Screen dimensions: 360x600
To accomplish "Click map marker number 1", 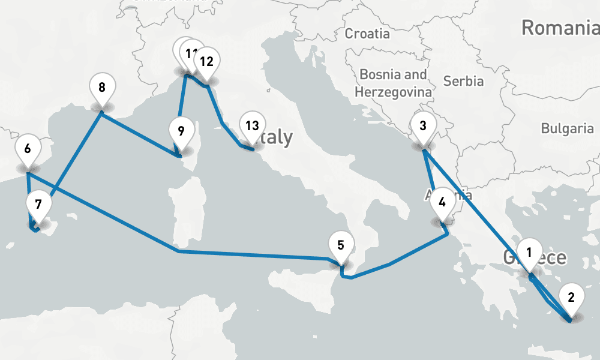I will pos(529,253).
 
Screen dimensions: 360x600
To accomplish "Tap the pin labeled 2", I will pos(571,297).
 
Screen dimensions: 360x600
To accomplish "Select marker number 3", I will pos(423,127).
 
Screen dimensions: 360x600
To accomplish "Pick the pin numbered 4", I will pos(442,202).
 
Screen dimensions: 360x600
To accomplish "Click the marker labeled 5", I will pos(341,245).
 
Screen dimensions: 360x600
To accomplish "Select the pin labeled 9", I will pos(181,130).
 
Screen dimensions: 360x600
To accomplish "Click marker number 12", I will pos(206,62).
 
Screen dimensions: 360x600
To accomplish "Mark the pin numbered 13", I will pos(252,126).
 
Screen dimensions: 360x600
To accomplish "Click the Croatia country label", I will pos(367,34).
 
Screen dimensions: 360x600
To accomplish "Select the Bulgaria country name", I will pos(567,128).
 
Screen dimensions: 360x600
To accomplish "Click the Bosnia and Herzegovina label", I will pos(393,83).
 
